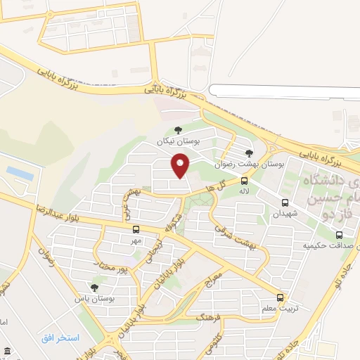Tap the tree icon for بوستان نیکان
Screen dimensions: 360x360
pyautogui.click(x=177, y=129)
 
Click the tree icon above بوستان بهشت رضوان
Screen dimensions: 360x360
pyautogui.click(x=248, y=153)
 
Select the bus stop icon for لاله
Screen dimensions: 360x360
pyautogui.click(x=244, y=180)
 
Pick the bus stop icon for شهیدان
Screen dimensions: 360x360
pyautogui.click(x=284, y=202)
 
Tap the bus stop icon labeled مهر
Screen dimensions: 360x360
pyautogui.click(x=135, y=229)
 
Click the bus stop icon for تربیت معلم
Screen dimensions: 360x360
pyautogui.click(x=281, y=297)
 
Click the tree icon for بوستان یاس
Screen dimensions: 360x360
pyautogui.click(x=95, y=287)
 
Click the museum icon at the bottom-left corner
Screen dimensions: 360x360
pyautogui.click(x=6, y=351)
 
